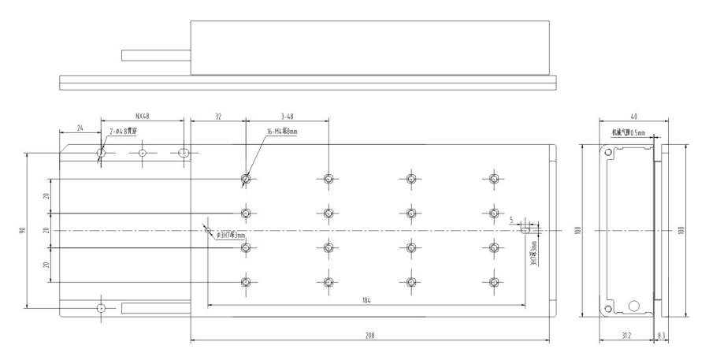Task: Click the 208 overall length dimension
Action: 369,335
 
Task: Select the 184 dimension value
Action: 366,300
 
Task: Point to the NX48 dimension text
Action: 142,115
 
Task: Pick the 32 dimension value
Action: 217,115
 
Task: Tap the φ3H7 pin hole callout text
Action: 231,235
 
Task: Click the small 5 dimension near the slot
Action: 522,221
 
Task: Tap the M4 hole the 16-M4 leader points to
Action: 247,180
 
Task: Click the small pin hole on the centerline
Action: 207,231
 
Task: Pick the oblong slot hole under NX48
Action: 184,152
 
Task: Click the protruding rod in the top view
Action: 156,55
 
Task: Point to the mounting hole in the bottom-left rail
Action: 100,307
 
